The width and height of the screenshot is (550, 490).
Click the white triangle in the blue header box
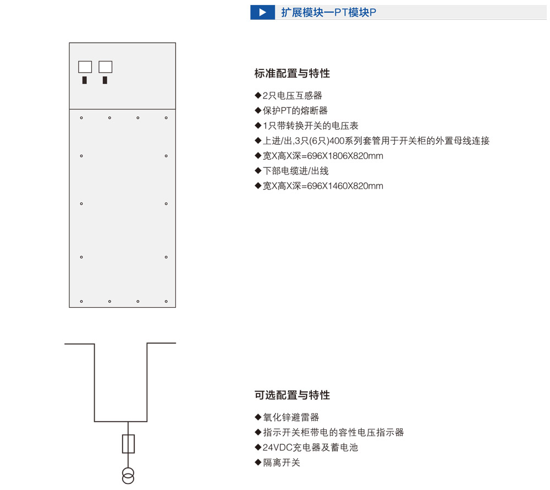pyautogui.click(x=262, y=13)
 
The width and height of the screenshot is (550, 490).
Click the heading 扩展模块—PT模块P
pyautogui.click(x=329, y=13)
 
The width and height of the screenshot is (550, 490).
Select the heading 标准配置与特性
pyautogui.click(x=292, y=73)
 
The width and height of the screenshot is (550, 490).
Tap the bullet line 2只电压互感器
pyautogui.click(x=288, y=95)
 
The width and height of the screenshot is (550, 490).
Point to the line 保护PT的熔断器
pyautogui.click(x=291, y=111)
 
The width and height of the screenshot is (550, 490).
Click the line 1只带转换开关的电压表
pyautogui.click(x=306, y=126)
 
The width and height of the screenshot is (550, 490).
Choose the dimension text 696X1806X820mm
pyautogui.click(x=345, y=156)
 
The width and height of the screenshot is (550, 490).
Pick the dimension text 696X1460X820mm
pyautogui.click(x=345, y=186)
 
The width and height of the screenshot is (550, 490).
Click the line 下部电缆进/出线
pyautogui.click(x=292, y=171)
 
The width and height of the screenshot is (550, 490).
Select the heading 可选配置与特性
pyautogui.click(x=292, y=395)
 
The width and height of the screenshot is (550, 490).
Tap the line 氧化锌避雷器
pyautogui.click(x=287, y=417)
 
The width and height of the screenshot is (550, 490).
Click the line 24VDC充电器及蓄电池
pyautogui.click(x=306, y=448)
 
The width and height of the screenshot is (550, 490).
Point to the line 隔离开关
pyautogui.click(x=277, y=462)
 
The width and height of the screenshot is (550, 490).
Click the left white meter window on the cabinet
pyautogui.click(x=85, y=67)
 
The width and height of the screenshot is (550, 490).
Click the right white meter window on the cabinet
pyautogui.click(x=105, y=67)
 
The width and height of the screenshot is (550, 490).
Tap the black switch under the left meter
pyautogui.click(x=85, y=80)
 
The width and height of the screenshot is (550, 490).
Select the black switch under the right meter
pyautogui.click(x=105, y=80)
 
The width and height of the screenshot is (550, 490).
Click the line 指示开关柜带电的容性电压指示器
pyautogui.click(x=329, y=432)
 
